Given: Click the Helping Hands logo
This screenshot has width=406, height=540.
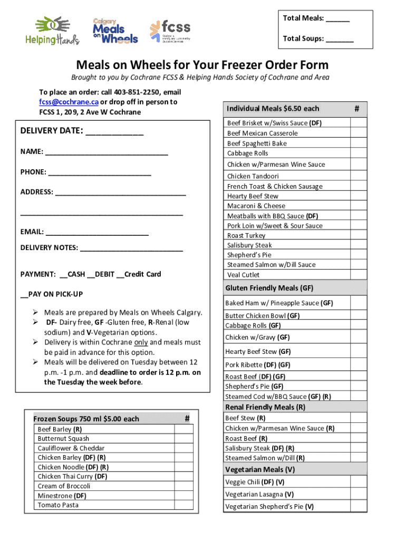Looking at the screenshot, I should click(x=52, y=31).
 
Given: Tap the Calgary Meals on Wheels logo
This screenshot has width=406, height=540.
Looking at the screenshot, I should click(x=115, y=31).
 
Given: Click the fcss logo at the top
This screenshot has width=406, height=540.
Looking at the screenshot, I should click(x=170, y=31).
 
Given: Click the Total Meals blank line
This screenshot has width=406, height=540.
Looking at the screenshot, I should click(x=337, y=19).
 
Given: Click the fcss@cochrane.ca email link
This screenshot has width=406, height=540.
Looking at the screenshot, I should click(x=60, y=102).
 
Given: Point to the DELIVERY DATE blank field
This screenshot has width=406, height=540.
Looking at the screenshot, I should click(x=114, y=131).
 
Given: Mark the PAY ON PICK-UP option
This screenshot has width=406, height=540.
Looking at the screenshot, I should click(x=23, y=294).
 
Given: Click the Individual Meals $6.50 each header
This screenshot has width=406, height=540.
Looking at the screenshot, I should click(x=273, y=109).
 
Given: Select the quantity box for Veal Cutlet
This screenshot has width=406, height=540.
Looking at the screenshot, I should click(x=358, y=274).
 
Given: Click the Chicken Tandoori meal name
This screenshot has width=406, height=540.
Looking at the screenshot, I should click(x=253, y=176).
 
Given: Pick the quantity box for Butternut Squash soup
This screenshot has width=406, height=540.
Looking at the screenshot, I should click(x=183, y=439).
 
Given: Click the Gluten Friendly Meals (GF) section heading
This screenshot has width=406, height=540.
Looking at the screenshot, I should click(x=269, y=288).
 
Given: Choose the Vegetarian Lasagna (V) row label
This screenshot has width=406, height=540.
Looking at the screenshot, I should click(x=259, y=495).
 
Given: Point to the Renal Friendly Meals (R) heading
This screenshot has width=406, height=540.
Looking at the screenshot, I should click(x=265, y=407).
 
